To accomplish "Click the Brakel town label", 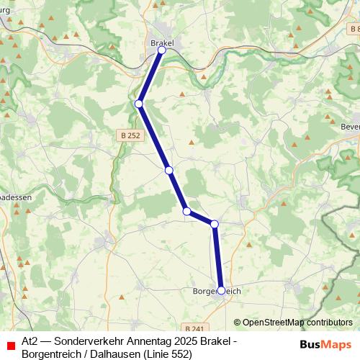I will (162, 43).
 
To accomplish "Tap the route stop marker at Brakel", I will (162, 50).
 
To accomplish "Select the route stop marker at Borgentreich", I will (221, 291).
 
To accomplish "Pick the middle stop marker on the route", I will (169, 170).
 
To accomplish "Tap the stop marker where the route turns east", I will (186, 211).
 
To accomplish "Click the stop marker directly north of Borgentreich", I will (215, 224).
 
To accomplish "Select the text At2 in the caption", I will (30, 339).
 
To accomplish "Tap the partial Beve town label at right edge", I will (351, 125).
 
